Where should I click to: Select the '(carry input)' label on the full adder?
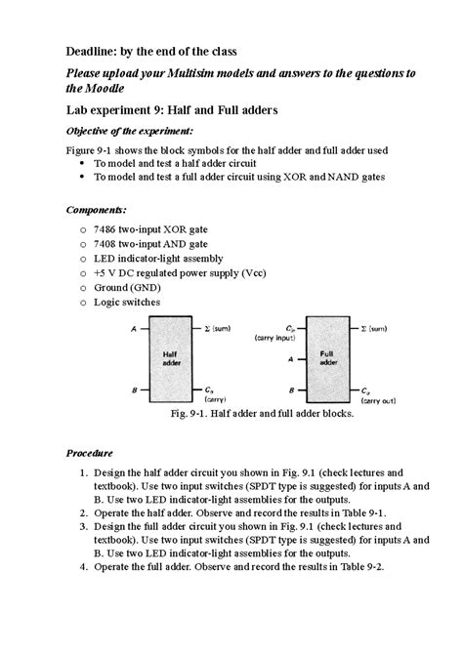(x=274, y=337)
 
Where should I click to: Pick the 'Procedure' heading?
(x=90, y=454)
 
